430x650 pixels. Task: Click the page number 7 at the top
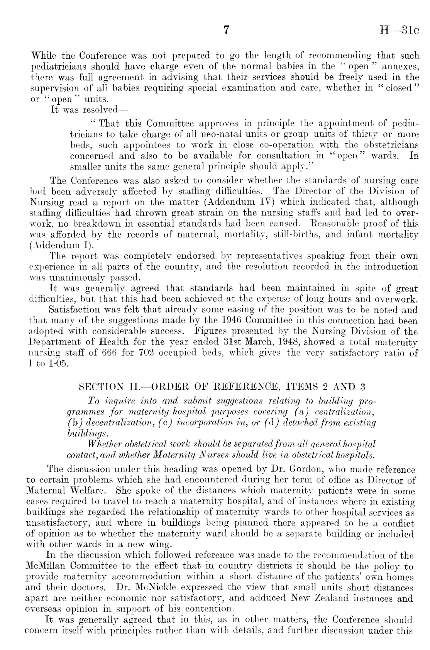click(x=227, y=31)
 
